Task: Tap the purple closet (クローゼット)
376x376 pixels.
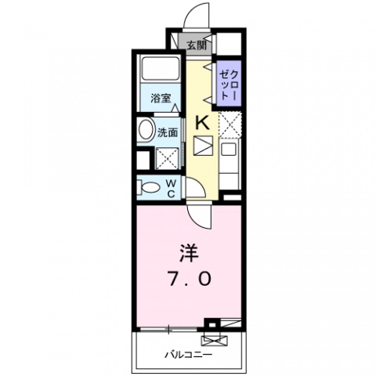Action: pos(227,82)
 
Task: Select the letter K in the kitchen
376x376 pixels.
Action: pos(201,122)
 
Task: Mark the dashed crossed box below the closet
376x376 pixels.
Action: pos(228,123)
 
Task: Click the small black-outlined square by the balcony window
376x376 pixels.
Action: pos(209,323)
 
